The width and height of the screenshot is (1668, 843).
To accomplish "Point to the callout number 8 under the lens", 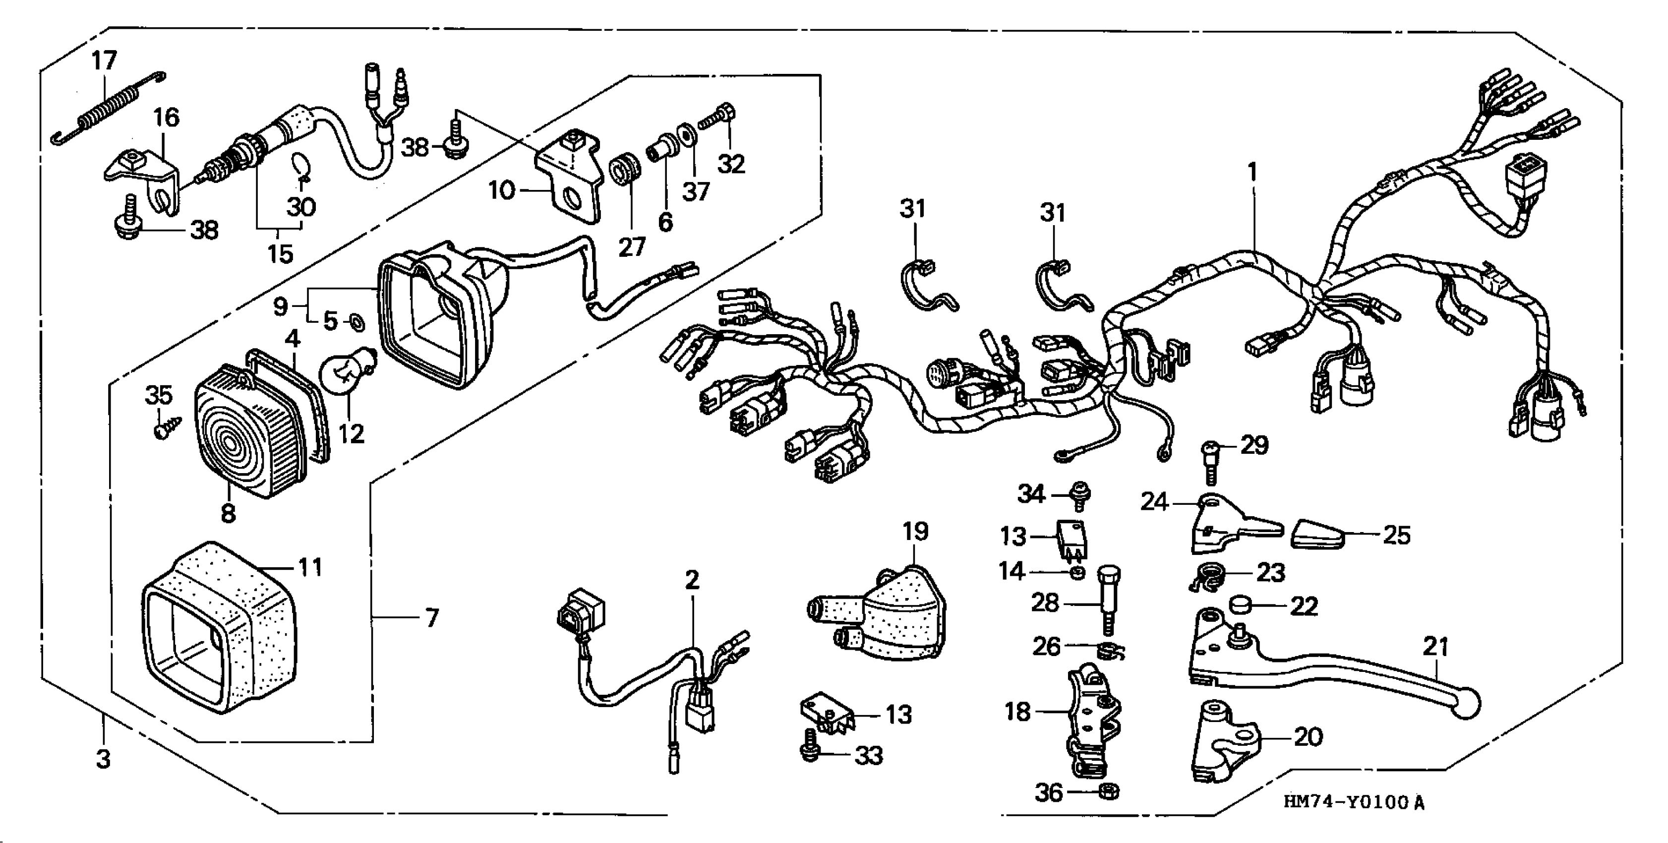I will [228, 513].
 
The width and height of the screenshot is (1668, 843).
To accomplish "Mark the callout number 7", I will [432, 618].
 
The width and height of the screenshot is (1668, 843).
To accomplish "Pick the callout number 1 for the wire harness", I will [1252, 172].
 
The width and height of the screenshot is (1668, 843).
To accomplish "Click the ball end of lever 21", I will [1466, 706].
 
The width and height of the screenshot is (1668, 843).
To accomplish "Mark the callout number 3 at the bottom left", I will [104, 758].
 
